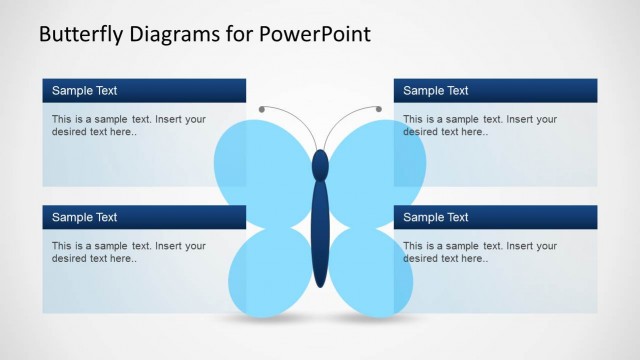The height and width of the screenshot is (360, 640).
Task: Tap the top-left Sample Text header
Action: tap(85, 91)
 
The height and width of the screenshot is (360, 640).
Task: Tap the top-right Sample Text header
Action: tap(436, 91)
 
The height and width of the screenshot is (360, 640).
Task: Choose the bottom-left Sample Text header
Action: tap(85, 217)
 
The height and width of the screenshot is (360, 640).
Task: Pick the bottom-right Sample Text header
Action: tap(436, 217)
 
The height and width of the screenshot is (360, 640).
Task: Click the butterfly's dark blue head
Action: tap(320, 164)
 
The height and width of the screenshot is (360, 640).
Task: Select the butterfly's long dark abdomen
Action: tap(320, 235)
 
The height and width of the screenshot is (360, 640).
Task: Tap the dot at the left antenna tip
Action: tap(262, 108)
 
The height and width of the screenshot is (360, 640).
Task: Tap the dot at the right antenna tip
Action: tap(379, 108)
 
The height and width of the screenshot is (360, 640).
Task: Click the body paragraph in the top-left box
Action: tap(129, 125)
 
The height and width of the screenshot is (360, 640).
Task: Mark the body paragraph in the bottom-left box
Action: tap(129, 252)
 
